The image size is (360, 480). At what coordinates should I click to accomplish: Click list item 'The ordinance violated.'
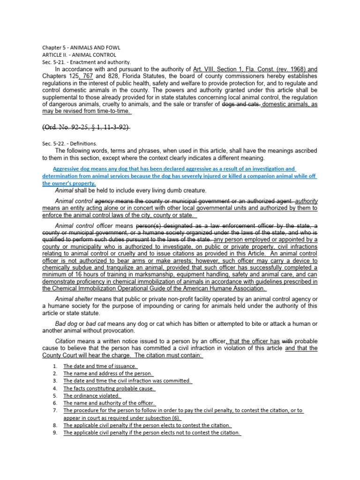coord(92,396)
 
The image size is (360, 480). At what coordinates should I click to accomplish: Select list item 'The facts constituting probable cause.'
coord(109,388)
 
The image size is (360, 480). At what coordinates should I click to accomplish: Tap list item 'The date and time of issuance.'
coord(100,366)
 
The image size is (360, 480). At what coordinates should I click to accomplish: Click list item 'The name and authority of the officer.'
coord(109,403)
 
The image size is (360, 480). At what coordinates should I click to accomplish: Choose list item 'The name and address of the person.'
coord(108,374)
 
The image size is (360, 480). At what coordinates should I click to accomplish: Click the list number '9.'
coord(55,433)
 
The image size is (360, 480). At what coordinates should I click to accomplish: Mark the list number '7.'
coord(55,411)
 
